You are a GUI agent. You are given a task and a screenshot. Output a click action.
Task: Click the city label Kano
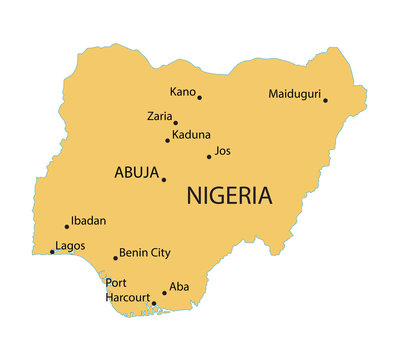182,92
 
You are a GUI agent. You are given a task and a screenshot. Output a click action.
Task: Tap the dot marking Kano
199,98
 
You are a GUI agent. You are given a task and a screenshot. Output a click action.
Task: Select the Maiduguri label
294,95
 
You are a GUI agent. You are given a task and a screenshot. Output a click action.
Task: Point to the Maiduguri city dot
325,100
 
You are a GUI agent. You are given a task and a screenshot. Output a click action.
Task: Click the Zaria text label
159,116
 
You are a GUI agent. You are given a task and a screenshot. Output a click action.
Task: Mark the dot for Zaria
175,123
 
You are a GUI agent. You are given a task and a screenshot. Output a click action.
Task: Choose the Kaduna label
191,134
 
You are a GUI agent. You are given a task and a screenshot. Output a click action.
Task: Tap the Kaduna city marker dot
167,140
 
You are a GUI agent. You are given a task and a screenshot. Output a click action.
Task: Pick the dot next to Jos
209,156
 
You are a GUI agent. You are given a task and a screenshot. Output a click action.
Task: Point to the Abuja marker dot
164,180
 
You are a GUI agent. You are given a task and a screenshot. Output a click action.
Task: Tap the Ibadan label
88,220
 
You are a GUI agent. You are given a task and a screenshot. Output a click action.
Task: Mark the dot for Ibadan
67,226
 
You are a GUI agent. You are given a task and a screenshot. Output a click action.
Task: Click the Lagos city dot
52,252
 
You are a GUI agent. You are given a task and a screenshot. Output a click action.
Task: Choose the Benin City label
144,253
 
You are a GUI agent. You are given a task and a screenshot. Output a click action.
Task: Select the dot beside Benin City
115,259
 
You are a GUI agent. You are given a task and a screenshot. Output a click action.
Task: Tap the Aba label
178,286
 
